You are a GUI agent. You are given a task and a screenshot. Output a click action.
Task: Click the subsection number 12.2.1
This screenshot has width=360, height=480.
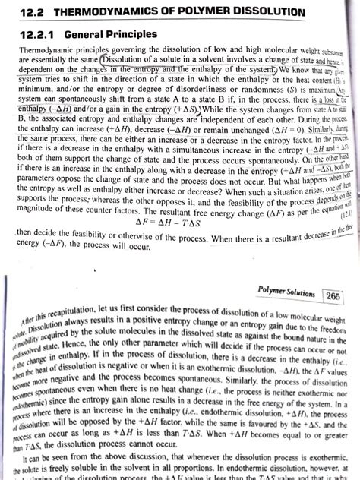pos(27,35)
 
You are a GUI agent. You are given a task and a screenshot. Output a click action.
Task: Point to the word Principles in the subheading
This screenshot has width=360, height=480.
pos(131,35)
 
